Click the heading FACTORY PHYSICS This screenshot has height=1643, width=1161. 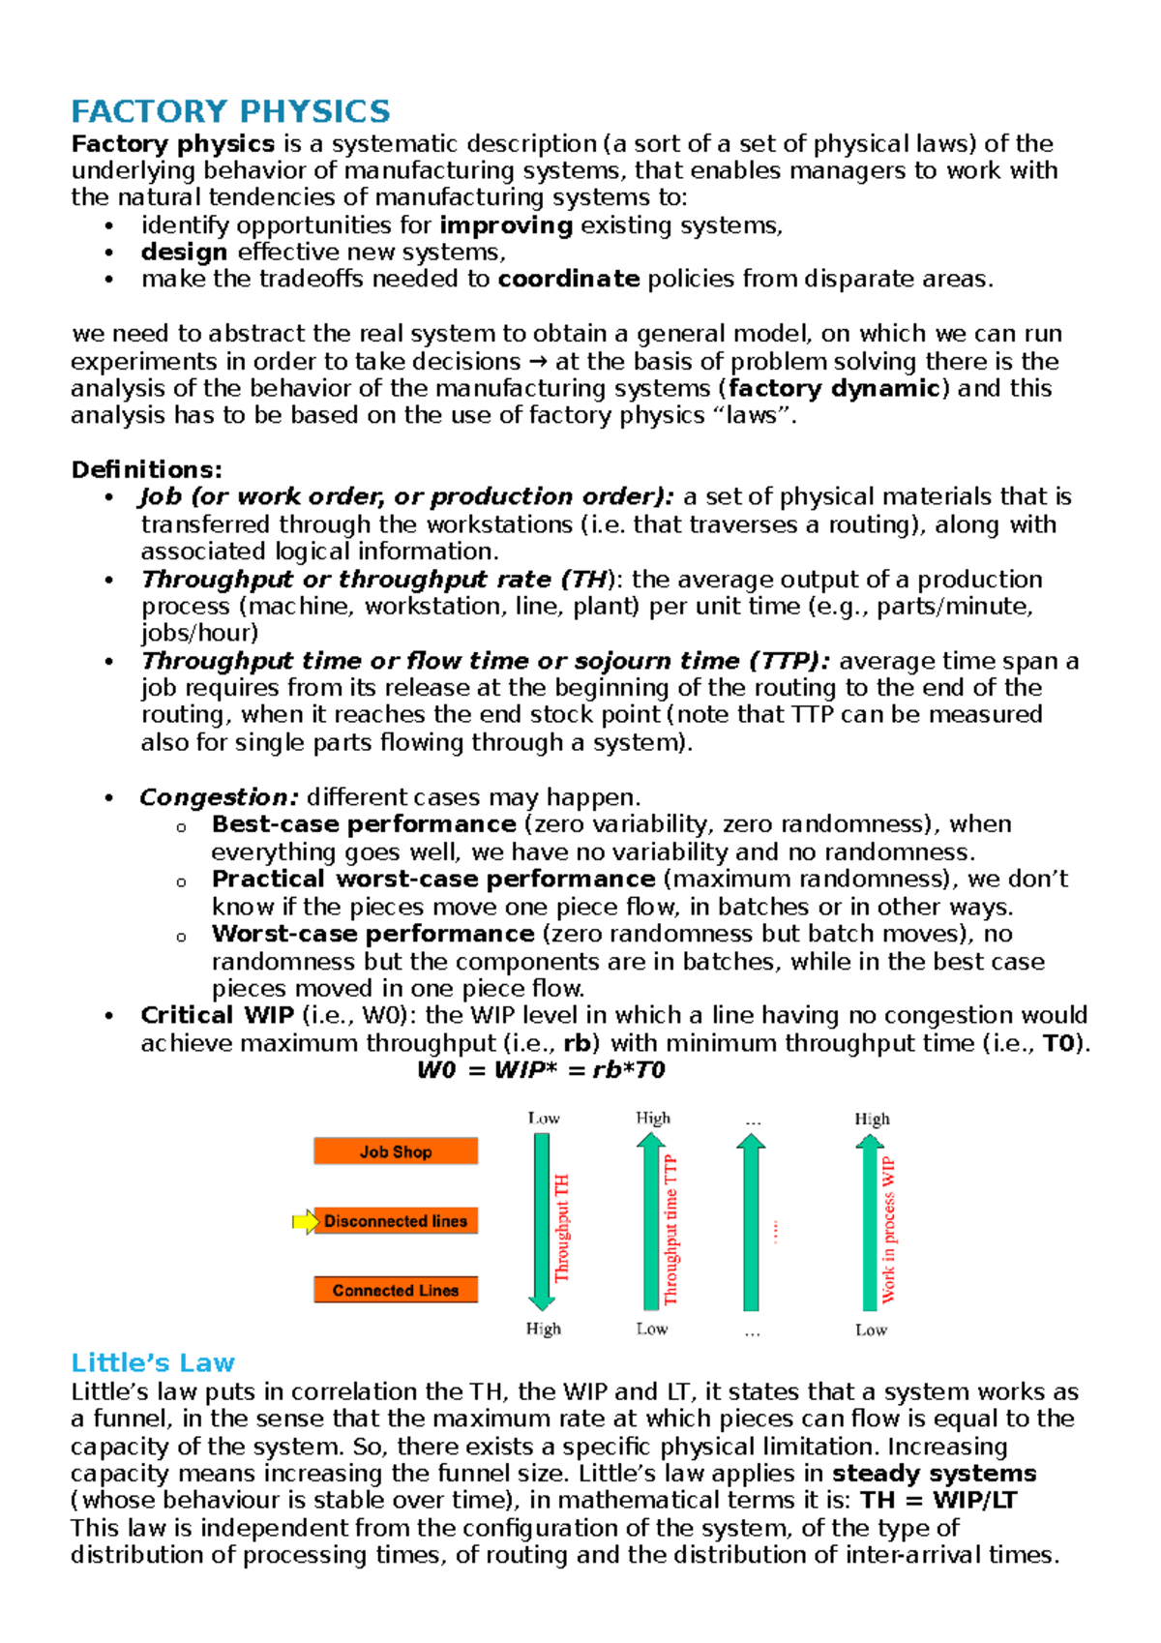(x=230, y=112)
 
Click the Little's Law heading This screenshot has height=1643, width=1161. (x=153, y=1363)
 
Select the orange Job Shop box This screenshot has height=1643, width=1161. (x=396, y=1151)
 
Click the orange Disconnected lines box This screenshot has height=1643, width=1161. (x=396, y=1221)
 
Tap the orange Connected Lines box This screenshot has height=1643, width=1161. (x=396, y=1291)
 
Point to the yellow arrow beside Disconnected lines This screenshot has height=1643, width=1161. (x=305, y=1222)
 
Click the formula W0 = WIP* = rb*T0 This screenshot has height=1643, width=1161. (x=541, y=1070)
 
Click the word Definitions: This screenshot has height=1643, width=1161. (x=147, y=470)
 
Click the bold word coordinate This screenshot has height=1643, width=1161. (x=569, y=280)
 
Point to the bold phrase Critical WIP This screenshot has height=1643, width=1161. (x=217, y=1016)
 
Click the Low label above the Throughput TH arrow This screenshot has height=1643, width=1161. (x=544, y=1119)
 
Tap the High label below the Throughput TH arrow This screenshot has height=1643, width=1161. (x=543, y=1329)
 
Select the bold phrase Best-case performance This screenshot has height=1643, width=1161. (x=364, y=824)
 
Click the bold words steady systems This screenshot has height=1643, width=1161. (x=934, y=1474)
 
